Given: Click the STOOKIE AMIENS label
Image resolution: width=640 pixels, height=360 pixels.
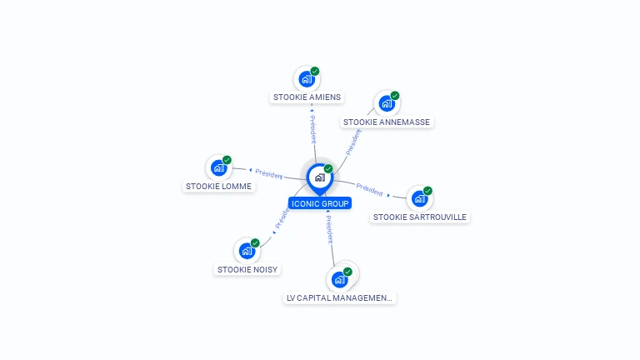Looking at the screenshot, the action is pyautogui.click(x=307, y=97).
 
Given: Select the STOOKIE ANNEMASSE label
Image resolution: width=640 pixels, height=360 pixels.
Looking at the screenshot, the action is pyautogui.click(x=386, y=122).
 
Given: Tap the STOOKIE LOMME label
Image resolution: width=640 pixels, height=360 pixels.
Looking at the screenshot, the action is pyautogui.click(x=218, y=186).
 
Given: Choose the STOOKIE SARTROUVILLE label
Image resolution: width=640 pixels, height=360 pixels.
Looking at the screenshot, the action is pyautogui.click(x=420, y=217).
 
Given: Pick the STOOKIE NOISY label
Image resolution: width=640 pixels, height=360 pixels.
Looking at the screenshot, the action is pyautogui.click(x=247, y=269).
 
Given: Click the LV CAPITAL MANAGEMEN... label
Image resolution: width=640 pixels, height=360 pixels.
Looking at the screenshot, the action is pyautogui.click(x=339, y=298).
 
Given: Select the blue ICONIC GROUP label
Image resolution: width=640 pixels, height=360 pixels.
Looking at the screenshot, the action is pyautogui.click(x=320, y=203).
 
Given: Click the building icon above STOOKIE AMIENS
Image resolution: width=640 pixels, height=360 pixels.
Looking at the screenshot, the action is pyautogui.click(x=307, y=79).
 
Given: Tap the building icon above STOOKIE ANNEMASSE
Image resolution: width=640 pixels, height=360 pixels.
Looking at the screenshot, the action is pyautogui.click(x=387, y=103).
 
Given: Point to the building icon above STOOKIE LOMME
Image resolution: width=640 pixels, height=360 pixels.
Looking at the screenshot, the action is pyautogui.click(x=219, y=167).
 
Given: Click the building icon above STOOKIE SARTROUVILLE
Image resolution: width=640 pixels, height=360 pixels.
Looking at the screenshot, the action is pyautogui.click(x=420, y=198).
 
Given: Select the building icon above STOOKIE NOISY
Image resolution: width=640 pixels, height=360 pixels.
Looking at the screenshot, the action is pyautogui.click(x=247, y=251).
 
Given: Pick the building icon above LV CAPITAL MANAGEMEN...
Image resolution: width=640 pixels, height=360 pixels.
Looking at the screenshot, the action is pyautogui.click(x=339, y=280).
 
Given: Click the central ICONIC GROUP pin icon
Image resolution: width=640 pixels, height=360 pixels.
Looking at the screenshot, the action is pyautogui.click(x=320, y=178).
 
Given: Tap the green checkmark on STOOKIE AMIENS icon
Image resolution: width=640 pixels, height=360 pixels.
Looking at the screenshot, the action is pyautogui.click(x=315, y=71).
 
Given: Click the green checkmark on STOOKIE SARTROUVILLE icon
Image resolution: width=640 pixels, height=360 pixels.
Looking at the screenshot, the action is pyautogui.click(x=427, y=191).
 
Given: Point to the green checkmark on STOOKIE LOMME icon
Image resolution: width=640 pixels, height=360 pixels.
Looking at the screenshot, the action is pyautogui.click(x=227, y=160).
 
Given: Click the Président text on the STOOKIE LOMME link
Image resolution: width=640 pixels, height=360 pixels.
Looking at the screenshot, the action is pyautogui.click(x=268, y=174).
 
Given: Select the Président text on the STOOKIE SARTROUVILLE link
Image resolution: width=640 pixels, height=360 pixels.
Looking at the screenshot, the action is pyautogui.click(x=369, y=189).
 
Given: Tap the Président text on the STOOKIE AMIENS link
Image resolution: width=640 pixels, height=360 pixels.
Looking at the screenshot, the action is pyautogui.click(x=313, y=129).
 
